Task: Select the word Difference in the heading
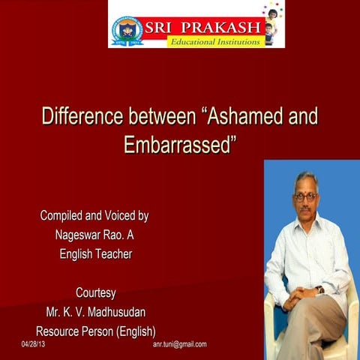(81, 118)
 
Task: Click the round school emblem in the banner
(128, 29)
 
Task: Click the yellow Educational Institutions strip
(215, 41)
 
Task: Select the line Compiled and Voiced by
(94, 216)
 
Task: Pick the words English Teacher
(95, 254)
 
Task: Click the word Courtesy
(95, 292)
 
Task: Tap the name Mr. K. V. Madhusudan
(95, 312)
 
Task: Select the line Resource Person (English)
(95, 331)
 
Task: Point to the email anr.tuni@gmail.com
(179, 344)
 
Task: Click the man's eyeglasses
(304, 196)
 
